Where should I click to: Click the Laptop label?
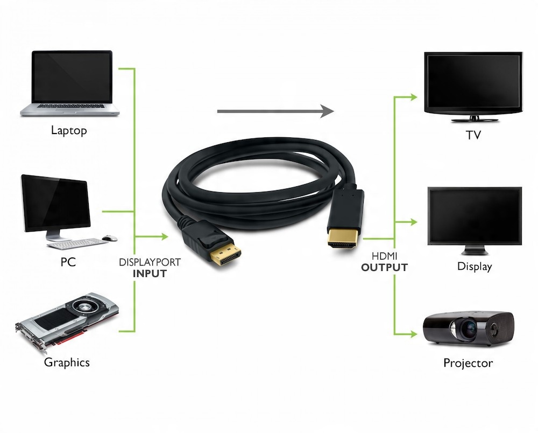pos(69,130)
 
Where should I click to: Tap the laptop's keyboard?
pos(70,106)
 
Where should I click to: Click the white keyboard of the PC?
pos(78,243)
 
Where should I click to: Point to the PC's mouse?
pos(110,237)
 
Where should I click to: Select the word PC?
pos(68,262)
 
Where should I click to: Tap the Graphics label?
pos(67,362)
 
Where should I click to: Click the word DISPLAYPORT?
pos(150,263)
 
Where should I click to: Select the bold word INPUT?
pos(150,274)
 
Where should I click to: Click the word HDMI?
pos(385,256)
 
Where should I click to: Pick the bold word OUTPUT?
pos(385,267)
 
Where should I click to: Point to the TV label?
pos(473,135)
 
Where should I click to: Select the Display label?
pos(475,266)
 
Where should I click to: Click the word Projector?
pos(468,363)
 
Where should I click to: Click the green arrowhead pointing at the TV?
pos(413,97)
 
